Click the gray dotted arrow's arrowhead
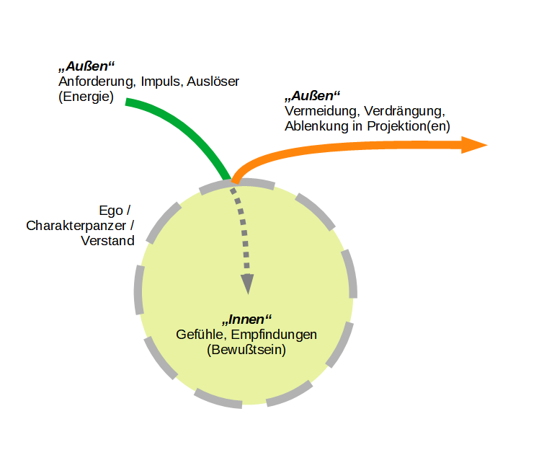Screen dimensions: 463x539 coord(248,284)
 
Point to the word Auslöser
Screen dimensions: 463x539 coord(213,81)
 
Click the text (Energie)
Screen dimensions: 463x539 coord(86,96)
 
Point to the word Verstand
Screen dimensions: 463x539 coord(108,241)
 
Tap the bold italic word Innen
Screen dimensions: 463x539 coord(247,319)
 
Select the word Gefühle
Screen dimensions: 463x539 coord(198,335)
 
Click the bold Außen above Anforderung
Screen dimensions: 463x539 coord(86,66)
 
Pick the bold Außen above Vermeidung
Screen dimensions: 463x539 coord(312,96)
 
